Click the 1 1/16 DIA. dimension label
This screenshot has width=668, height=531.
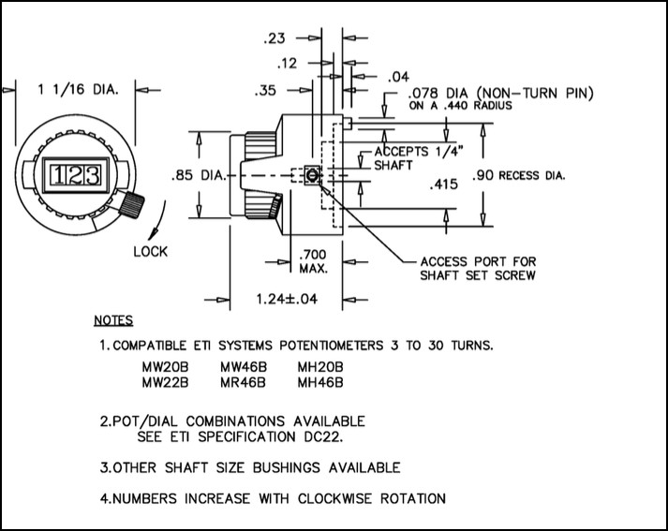[78, 89]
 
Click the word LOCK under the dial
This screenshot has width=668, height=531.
[151, 251]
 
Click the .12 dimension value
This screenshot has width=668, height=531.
[289, 64]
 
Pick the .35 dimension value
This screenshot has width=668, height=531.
[266, 91]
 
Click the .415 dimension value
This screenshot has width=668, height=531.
[441, 184]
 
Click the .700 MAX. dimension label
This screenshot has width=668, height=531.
[311, 261]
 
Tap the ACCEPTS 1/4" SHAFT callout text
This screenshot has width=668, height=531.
[408, 157]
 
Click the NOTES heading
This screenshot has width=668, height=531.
[113, 320]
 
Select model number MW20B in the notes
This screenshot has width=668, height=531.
[165, 366]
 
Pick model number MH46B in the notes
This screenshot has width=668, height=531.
[320, 381]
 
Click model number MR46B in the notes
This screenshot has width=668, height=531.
[243, 381]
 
